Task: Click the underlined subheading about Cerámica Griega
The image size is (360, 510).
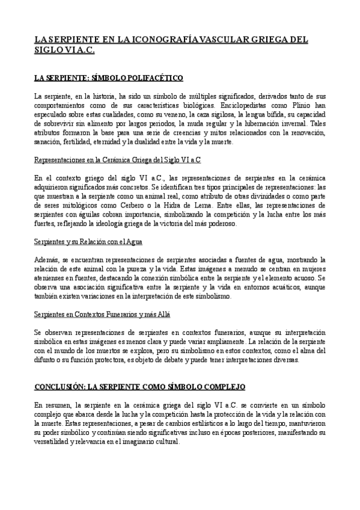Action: (x=117, y=160)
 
